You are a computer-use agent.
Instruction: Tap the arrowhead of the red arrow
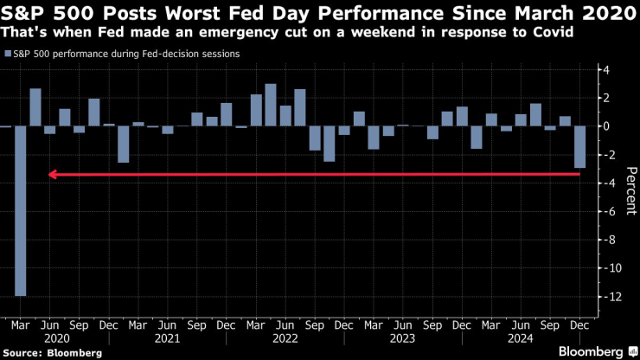pos(53,175)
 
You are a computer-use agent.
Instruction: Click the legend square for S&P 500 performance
pos(7,54)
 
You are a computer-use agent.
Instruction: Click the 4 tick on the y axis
pos(607,69)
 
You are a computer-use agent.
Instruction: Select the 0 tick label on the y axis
pos(607,126)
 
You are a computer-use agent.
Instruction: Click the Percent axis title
pos(630,183)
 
